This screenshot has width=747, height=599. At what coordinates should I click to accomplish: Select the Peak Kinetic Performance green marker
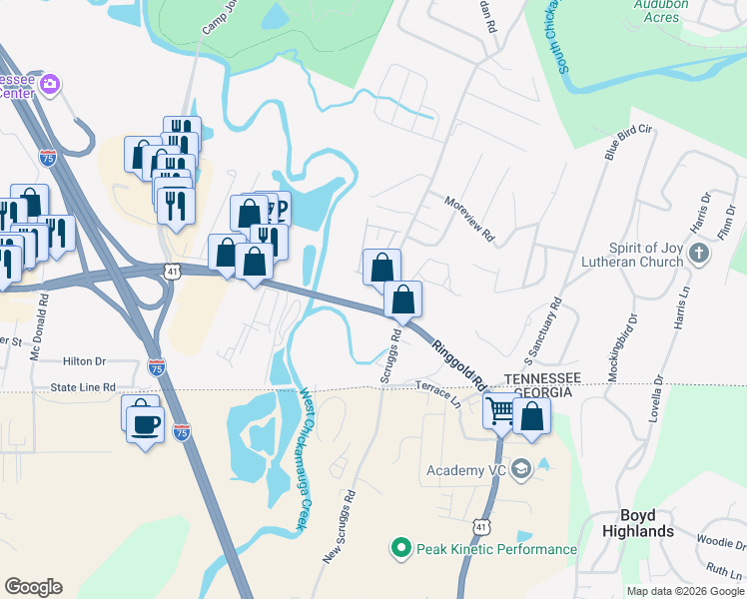(400, 548)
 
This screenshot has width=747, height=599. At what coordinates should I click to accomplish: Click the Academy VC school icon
(520, 469)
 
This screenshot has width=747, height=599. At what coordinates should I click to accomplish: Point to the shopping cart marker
(500, 409)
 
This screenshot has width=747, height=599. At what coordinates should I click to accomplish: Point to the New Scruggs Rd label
(339, 528)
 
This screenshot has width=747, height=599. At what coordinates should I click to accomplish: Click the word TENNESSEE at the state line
(542, 379)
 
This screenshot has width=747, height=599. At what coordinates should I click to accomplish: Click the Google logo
(33, 587)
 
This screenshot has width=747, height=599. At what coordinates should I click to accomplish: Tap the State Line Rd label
(84, 386)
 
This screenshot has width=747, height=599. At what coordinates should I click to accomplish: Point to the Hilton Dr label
(84, 363)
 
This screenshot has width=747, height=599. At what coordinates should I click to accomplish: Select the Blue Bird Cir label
(627, 142)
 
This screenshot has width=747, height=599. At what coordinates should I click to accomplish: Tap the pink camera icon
(50, 86)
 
